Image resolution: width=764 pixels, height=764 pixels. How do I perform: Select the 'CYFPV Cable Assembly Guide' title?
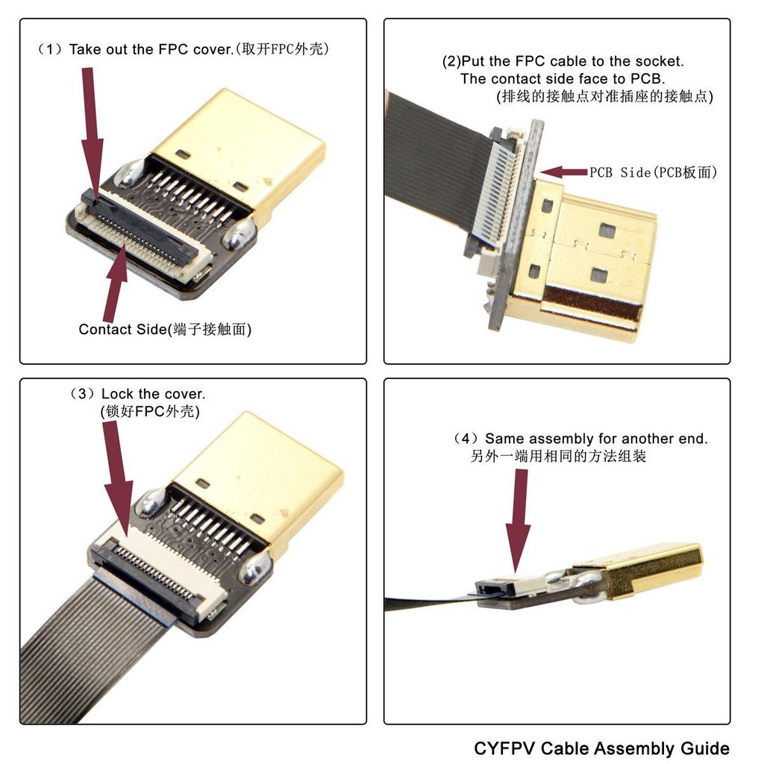coord(601,748)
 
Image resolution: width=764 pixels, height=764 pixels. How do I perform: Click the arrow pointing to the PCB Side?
coord(563,172)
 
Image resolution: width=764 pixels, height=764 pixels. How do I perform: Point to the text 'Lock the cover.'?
coord(153,393)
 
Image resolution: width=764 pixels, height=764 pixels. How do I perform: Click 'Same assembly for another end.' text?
coord(595,439)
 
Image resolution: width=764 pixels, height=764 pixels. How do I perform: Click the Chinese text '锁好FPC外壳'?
coord(149,411)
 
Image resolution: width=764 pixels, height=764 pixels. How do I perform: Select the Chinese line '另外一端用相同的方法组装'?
coord(558,457)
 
